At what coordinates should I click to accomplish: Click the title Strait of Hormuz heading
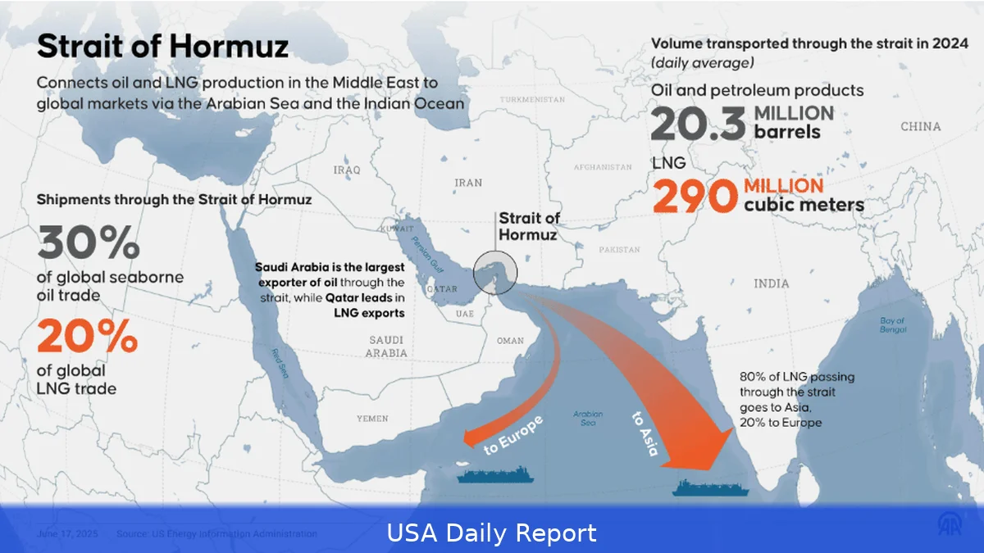(162, 46)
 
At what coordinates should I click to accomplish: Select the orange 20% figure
(87, 335)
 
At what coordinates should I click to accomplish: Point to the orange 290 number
(694, 197)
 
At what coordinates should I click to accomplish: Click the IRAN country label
(468, 183)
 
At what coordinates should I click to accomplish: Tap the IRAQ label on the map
(347, 170)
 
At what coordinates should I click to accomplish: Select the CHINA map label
(920, 127)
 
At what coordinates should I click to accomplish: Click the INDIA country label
(771, 283)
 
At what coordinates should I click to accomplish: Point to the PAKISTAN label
(619, 249)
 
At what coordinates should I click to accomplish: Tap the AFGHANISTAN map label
(603, 167)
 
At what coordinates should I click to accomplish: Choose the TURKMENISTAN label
(532, 99)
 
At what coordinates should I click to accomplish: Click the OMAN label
(510, 340)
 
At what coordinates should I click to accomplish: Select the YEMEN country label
(372, 418)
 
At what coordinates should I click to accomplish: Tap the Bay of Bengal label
(892, 325)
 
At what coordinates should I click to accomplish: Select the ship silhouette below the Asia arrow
(710, 487)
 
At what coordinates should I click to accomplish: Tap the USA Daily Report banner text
(492, 533)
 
